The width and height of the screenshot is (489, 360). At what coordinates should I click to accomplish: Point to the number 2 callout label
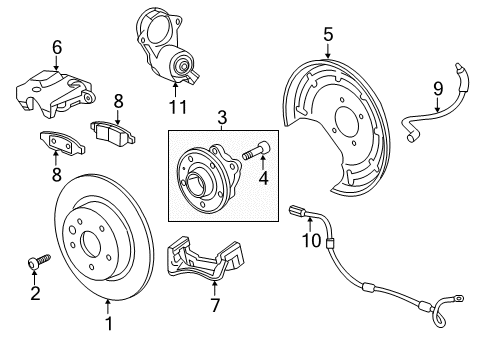[35, 293]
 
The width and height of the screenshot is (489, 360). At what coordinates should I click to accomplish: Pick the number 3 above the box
[223, 117]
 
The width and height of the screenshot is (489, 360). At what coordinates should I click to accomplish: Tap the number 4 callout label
[265, 179]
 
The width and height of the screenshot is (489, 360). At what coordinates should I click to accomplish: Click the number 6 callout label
[57, 46]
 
